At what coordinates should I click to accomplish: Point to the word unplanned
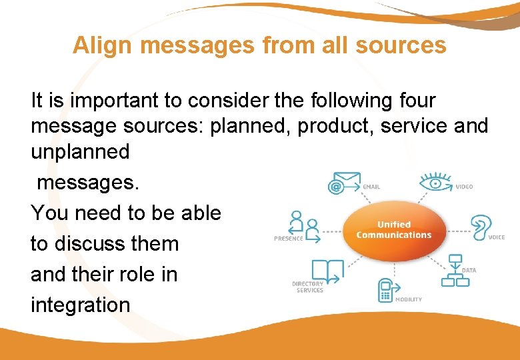pos(80,152)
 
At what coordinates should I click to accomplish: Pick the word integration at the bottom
pos(80,305)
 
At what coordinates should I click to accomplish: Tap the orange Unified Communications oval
pos(394,229)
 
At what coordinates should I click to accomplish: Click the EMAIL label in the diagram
pos(371,187)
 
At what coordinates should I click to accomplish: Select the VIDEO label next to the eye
pos(464,187)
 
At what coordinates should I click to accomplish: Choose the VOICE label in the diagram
pos(497,237)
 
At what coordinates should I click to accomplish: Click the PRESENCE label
pos(288,238)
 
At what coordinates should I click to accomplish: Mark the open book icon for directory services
pos(327,270)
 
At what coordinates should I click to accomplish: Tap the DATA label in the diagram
pos(469,270)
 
